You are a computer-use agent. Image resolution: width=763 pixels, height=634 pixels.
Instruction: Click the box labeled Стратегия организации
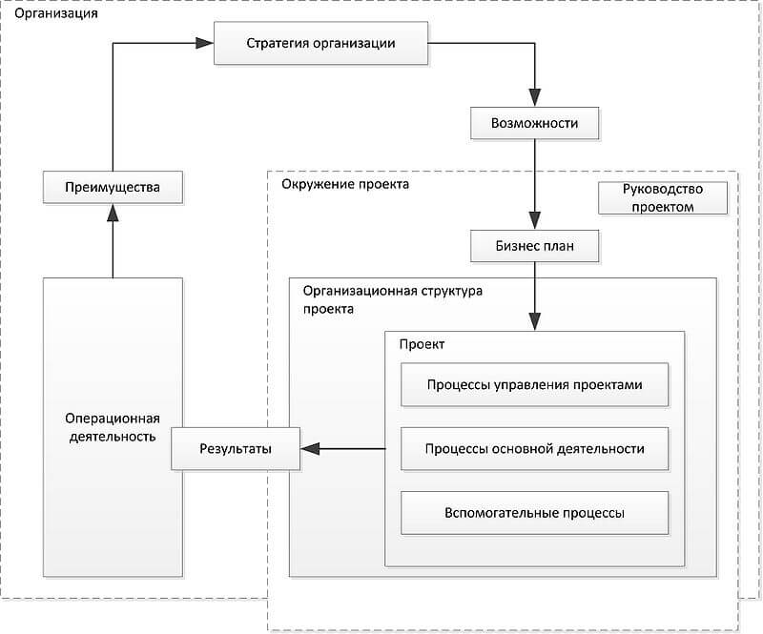coord(320,43)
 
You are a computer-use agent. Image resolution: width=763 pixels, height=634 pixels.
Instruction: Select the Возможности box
coord(534,123)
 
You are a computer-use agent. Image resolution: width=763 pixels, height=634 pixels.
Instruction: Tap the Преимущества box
coord(113,187)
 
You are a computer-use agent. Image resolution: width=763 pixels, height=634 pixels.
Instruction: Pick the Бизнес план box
coord(534,246)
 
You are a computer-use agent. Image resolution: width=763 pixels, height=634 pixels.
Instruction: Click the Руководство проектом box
coord(663,198)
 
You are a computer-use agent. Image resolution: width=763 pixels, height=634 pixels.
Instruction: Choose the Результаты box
coord(236,449)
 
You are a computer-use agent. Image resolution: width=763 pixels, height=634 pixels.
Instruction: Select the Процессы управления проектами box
coord(534,384)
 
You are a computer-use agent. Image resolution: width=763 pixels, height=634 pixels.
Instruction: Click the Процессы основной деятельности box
coord(534,449)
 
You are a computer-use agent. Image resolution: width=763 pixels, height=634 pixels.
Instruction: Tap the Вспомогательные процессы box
coord(534,513)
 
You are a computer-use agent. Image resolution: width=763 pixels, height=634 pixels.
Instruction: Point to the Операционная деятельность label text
coord(113,427)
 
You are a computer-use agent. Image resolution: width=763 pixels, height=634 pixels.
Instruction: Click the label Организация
coord(56,13)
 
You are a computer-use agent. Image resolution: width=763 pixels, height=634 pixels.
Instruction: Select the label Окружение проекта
coord(345,184)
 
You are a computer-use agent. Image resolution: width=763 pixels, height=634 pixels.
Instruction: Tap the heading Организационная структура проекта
coord(393,299)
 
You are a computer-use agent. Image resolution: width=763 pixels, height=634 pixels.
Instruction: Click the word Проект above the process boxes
coord(422,344)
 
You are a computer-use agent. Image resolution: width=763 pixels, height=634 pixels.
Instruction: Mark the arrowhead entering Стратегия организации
coord(204,43)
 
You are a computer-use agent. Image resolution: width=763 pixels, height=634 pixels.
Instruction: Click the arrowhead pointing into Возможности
coord(534,98)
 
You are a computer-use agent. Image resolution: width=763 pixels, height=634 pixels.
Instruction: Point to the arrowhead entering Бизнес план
coord(534,221)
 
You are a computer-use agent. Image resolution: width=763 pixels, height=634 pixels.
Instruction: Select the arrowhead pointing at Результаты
coord(309,449)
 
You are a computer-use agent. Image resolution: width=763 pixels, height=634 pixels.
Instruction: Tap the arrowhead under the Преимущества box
coord(113,213)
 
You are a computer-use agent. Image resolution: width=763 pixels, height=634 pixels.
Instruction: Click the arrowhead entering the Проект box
coord(534,322)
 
